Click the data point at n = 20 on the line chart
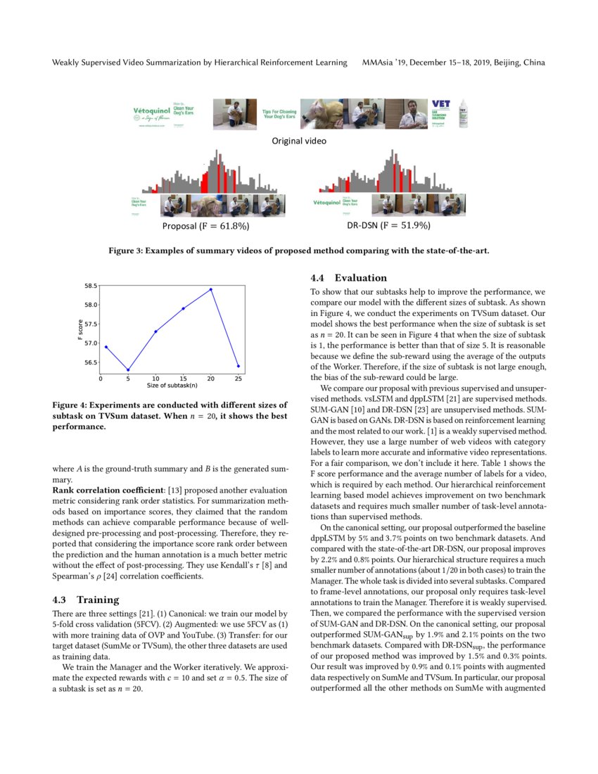click(210, 289)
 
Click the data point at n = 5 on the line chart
click(128, 370)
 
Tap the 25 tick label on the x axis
click(238, 379)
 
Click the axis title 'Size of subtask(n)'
click(172, 386)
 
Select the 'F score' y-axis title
click(81, 331)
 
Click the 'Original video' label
click(299, 141)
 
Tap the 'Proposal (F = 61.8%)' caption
click(205, 227)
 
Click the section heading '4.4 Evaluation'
click(349, 277)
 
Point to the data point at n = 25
click(238, 366)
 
